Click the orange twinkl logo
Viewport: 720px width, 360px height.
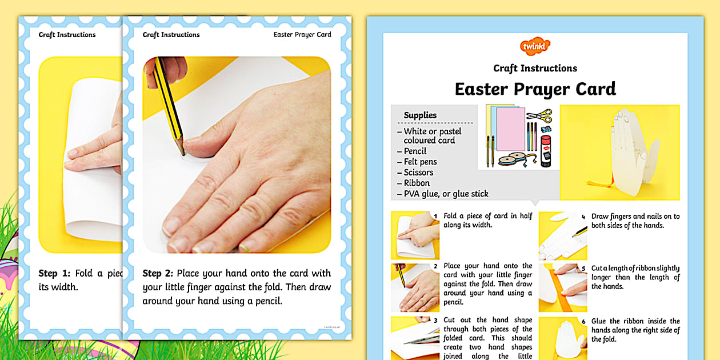[535, 46]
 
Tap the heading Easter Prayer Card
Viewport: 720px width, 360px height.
[535, 89]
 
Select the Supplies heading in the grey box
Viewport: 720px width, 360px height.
[420, 115]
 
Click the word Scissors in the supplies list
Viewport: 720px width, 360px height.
[418, 173]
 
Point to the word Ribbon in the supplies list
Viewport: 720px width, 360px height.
[417, 183]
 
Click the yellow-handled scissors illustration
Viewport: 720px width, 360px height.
[539, 115]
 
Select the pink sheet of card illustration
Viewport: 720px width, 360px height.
[510, 129]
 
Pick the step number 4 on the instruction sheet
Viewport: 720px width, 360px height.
[583, 217]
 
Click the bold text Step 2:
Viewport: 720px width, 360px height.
[159, 274]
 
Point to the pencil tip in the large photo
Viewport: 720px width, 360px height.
[183, 153]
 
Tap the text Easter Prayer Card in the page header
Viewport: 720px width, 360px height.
[302, 35]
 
